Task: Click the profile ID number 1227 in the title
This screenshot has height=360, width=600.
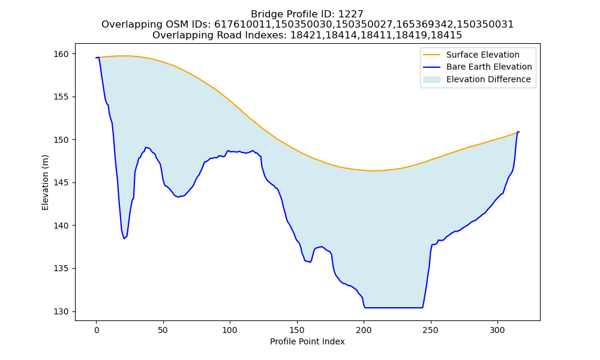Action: (x=351, y=14)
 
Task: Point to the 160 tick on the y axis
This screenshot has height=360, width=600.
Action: (x=61, y=54)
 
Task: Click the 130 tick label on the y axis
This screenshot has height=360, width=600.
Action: (x=61, y=312)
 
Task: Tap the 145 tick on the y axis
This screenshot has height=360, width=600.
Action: (x=61, y=183)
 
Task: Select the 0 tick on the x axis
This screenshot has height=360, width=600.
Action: (x=96, y=330)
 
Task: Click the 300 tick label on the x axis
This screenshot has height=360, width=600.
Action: (x=497, y=330)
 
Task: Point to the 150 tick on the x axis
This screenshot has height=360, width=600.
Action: (x=296, y=330)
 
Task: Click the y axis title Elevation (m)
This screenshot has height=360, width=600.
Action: (x=45, y=182)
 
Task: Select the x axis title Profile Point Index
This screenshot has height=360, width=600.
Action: (x=307, y=341)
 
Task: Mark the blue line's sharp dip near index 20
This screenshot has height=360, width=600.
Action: (x=124, y=239)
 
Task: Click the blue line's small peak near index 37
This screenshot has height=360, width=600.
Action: (x=146, y=147)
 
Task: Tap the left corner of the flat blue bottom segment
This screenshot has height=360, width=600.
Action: (x=365, y=308)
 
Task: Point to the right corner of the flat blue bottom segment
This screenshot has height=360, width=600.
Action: (x=422, y=308)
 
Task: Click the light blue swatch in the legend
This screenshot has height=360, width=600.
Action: (x=431, y=80)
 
